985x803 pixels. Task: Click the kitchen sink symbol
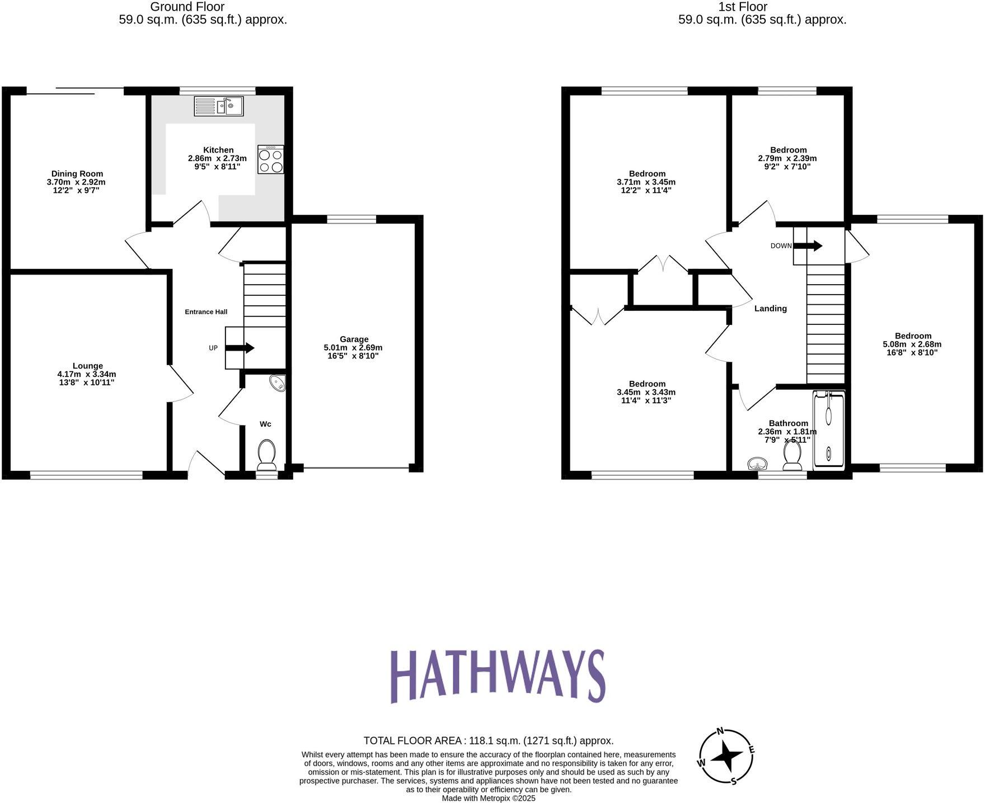pos(219,106)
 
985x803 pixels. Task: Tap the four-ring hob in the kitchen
pos(271,159)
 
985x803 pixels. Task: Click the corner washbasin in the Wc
pos(278,382)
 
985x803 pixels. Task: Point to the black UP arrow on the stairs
pos(240,348)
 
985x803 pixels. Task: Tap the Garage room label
pos(354,339)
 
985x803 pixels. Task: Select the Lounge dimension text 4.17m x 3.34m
pos(87,374)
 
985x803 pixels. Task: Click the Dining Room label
pos(77,173)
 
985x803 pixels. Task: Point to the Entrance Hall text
pos(206,311)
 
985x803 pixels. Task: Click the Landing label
pos(770,308)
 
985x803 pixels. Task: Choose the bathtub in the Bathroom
pos(829,429)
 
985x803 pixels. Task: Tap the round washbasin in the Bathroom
pos(757,464)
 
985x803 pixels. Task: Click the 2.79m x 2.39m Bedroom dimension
pos(787,158)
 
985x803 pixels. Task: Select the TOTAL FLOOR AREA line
pos(489,740)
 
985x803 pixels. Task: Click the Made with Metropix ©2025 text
pos(489,798)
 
